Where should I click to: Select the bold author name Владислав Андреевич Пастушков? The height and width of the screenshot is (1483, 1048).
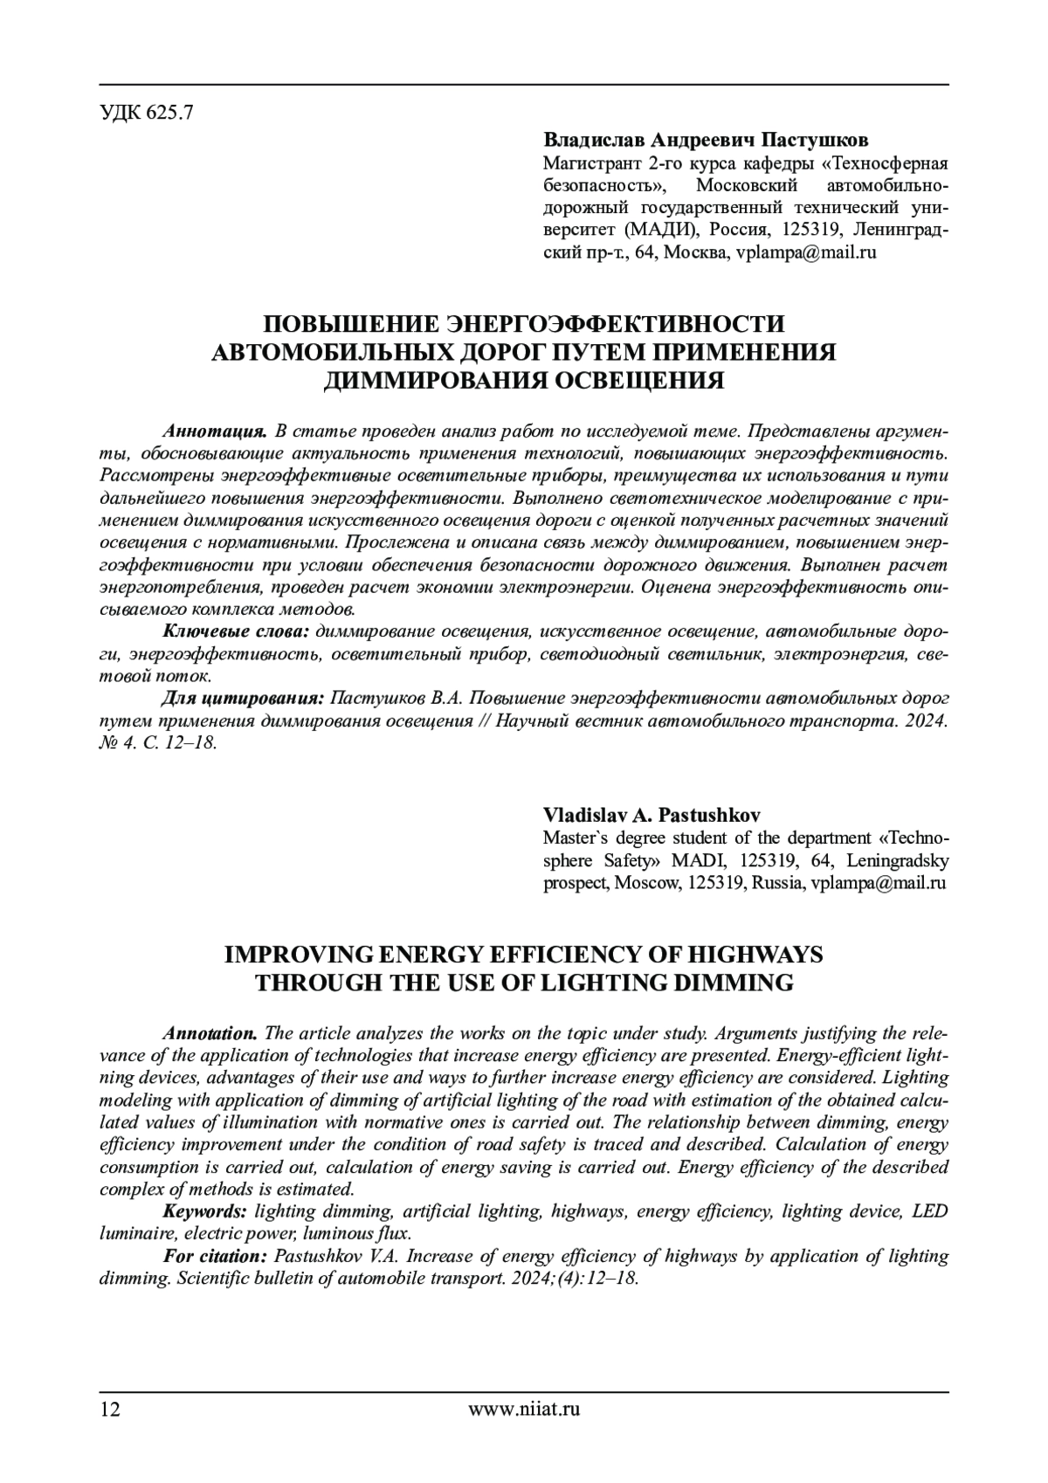[x=706, y=141]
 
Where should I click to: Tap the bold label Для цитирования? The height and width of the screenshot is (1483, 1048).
[x=244, y=699]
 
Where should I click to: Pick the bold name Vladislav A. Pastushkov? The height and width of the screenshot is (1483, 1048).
[x=652, y=815]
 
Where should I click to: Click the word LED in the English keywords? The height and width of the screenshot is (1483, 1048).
[x=929, y=1211]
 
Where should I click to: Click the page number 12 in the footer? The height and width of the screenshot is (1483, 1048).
[x=111, y=1409]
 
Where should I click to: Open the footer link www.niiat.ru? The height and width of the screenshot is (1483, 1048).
[x=524, y=1409]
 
